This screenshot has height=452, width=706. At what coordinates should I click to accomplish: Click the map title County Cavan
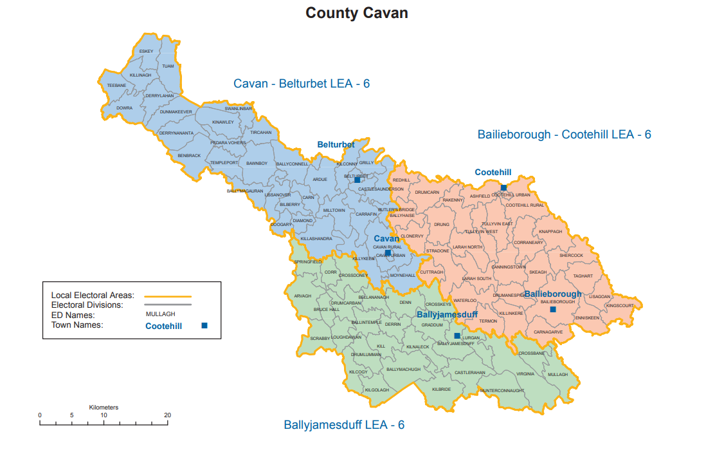click(x=356, y=13)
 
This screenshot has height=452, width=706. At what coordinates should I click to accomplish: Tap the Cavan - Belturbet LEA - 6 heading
click(x=302, y=84)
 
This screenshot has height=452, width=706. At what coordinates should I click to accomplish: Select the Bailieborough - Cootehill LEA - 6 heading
click(x=564, y=135)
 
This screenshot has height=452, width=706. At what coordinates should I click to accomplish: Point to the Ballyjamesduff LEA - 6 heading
click(x=344, y=425)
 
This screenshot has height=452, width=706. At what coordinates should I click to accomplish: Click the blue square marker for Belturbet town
click(x=358, y=180)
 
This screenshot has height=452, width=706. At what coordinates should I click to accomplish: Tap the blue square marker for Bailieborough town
click(x=552, y=310)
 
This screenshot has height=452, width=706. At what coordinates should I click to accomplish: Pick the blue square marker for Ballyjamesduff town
click(x=457, y=336)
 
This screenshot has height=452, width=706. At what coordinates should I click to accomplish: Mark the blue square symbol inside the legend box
click(x=204, y=326)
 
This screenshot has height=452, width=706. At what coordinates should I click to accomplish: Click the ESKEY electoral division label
click(x=146, y=51)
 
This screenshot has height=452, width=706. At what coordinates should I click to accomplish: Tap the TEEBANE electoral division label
click(x=116, y=85)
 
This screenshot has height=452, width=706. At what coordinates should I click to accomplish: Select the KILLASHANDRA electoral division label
click(x=316, y=238)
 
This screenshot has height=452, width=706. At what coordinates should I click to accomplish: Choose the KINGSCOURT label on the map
click(x=620, y=305)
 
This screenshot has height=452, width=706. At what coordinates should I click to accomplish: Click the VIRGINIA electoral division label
click(x=525, y=373)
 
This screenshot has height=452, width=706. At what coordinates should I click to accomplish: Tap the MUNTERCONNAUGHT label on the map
click(x=502, y=390)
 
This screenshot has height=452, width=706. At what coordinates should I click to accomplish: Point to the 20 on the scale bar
click(x=167, y=415)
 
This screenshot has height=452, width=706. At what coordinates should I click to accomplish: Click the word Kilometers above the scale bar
click(x=104, y=407)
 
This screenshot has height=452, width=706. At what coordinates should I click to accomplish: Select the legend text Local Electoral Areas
click(x=93, y=295)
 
